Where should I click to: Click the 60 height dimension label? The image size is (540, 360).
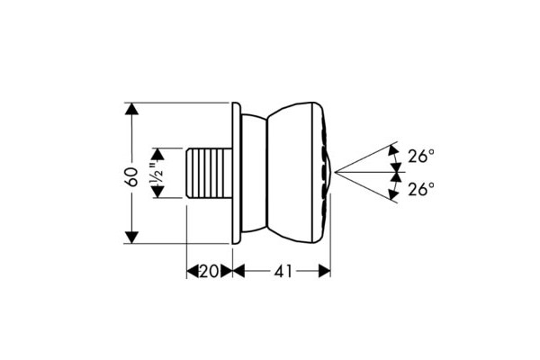coord(132,176)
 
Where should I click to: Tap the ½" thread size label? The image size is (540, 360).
coord(158,173)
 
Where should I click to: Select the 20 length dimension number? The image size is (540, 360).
coord(209,272)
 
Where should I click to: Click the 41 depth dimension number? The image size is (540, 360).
coord(283,272)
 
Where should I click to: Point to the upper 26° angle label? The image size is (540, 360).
coord(421,156)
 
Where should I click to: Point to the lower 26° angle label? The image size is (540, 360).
coord(421,188)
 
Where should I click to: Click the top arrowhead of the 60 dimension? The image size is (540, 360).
coord(132,109)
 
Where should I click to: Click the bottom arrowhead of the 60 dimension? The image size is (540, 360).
coord(132,238)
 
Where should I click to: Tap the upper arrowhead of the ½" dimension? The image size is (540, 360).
coord(157,154)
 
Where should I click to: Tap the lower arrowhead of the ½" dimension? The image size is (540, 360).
coord(157,192)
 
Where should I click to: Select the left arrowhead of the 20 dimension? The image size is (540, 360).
coord(193,271)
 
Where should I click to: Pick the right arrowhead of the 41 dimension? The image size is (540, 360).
coord(324,271)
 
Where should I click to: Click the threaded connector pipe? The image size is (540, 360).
coord(209,173)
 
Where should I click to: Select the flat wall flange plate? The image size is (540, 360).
coord(236,173)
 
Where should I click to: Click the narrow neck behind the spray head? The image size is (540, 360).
coord(254,173)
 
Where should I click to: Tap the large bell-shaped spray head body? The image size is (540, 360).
coord(295,173)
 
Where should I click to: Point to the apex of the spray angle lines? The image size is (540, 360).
coord(334,172)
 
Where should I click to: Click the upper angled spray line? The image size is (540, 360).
coord(365,157)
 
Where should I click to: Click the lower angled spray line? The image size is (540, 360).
coord(365,187)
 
